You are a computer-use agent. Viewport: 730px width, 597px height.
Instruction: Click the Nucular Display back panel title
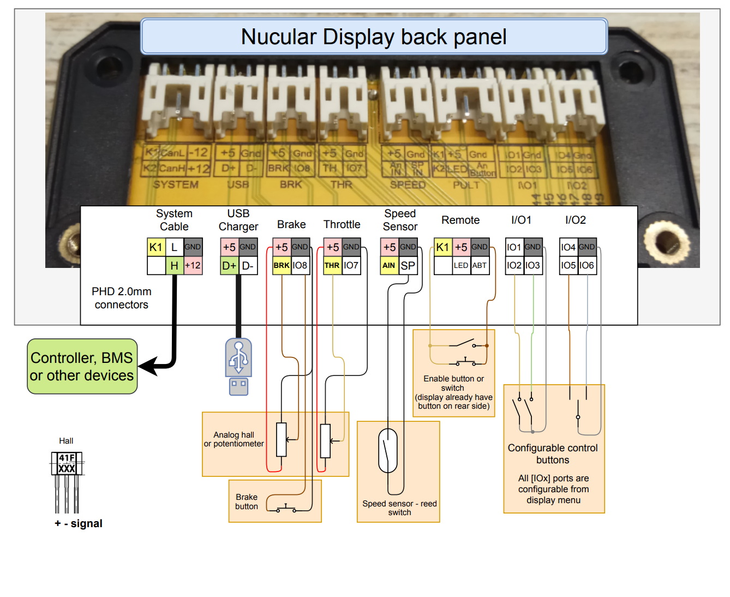click(374, 37)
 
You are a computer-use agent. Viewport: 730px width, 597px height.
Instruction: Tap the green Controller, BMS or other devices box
click(82, 367)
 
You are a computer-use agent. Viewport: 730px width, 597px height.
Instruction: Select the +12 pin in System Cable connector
click(193, 266)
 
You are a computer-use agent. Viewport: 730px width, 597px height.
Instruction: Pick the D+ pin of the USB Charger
click(229, 266)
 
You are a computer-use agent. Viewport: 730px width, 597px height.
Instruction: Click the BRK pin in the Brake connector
click(282, 266)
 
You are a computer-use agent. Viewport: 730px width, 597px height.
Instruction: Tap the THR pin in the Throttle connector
click(332, 266)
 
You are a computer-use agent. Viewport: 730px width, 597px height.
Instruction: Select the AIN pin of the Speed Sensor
click(389, 266)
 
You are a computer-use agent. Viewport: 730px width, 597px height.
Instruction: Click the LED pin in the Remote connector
click(461, 266)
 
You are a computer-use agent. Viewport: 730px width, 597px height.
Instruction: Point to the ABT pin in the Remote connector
click(480, 266)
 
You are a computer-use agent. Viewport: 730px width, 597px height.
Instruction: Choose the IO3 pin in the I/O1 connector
click(532, 266)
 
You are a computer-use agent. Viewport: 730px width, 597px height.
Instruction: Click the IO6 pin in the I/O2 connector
click(587, 266)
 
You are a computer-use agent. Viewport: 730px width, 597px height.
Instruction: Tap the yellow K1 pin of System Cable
click(156, 247)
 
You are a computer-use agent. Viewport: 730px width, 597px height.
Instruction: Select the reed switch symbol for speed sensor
click(388, 451)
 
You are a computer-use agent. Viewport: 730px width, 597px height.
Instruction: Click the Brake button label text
click(247, 502)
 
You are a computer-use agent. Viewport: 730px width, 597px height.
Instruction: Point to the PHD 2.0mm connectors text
click(121, 298)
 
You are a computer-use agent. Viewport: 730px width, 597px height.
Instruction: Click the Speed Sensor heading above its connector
click(400, 220)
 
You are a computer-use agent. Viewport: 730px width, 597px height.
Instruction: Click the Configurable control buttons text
click(553, 453)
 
